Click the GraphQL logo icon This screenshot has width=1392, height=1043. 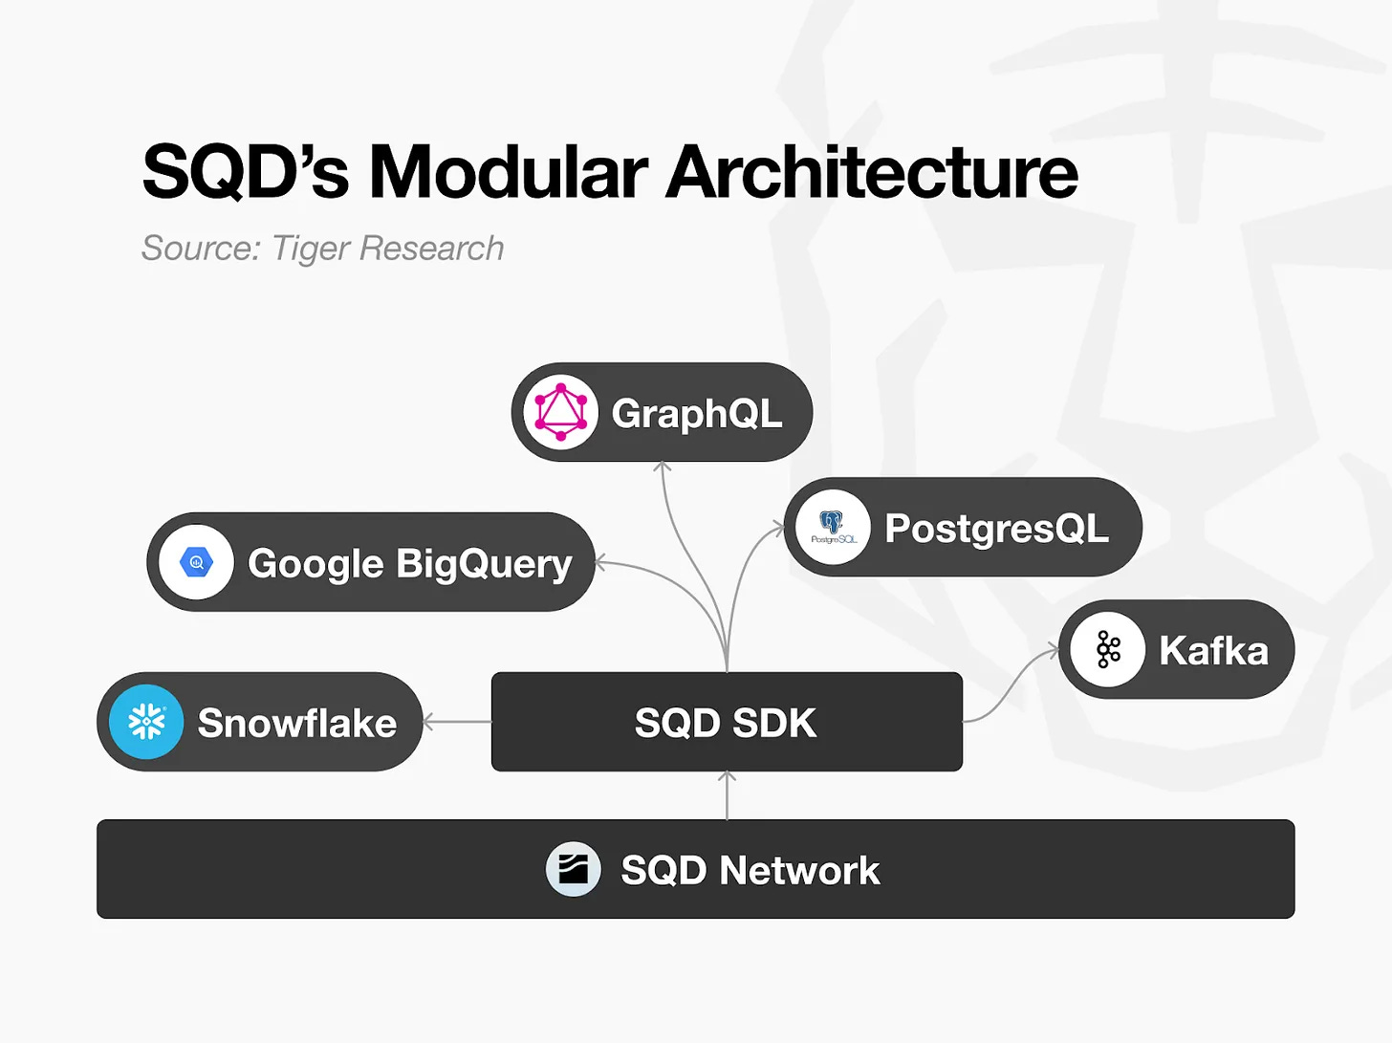tap(560, 412)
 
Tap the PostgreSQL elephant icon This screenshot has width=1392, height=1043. tap(833, 527)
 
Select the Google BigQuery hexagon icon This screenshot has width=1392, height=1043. tap(197, 562)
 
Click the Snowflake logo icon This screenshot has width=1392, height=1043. tap(146, 722)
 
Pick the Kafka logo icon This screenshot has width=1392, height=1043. tap(1108, 649)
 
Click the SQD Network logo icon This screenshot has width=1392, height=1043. tap(574, 870)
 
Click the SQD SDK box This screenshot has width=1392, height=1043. tap(727, 722)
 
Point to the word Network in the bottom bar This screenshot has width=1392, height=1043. tap(799, 871)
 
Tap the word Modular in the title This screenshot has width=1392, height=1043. tap(509, 173)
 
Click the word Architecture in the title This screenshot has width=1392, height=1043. tap(871, 173)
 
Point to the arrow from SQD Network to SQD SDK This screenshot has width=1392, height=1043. tap(727, 795)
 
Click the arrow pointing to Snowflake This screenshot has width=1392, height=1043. tap(456, 722)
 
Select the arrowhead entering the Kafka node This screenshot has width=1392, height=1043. tap(1053, 651)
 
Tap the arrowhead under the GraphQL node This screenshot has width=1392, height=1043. tap(663, 467)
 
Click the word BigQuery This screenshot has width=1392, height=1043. tap(484, 564)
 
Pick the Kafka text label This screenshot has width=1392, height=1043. tap(1213, 651)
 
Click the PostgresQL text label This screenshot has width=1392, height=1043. tap(996, 529)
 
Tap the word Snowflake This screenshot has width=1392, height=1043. tap(296, 724)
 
